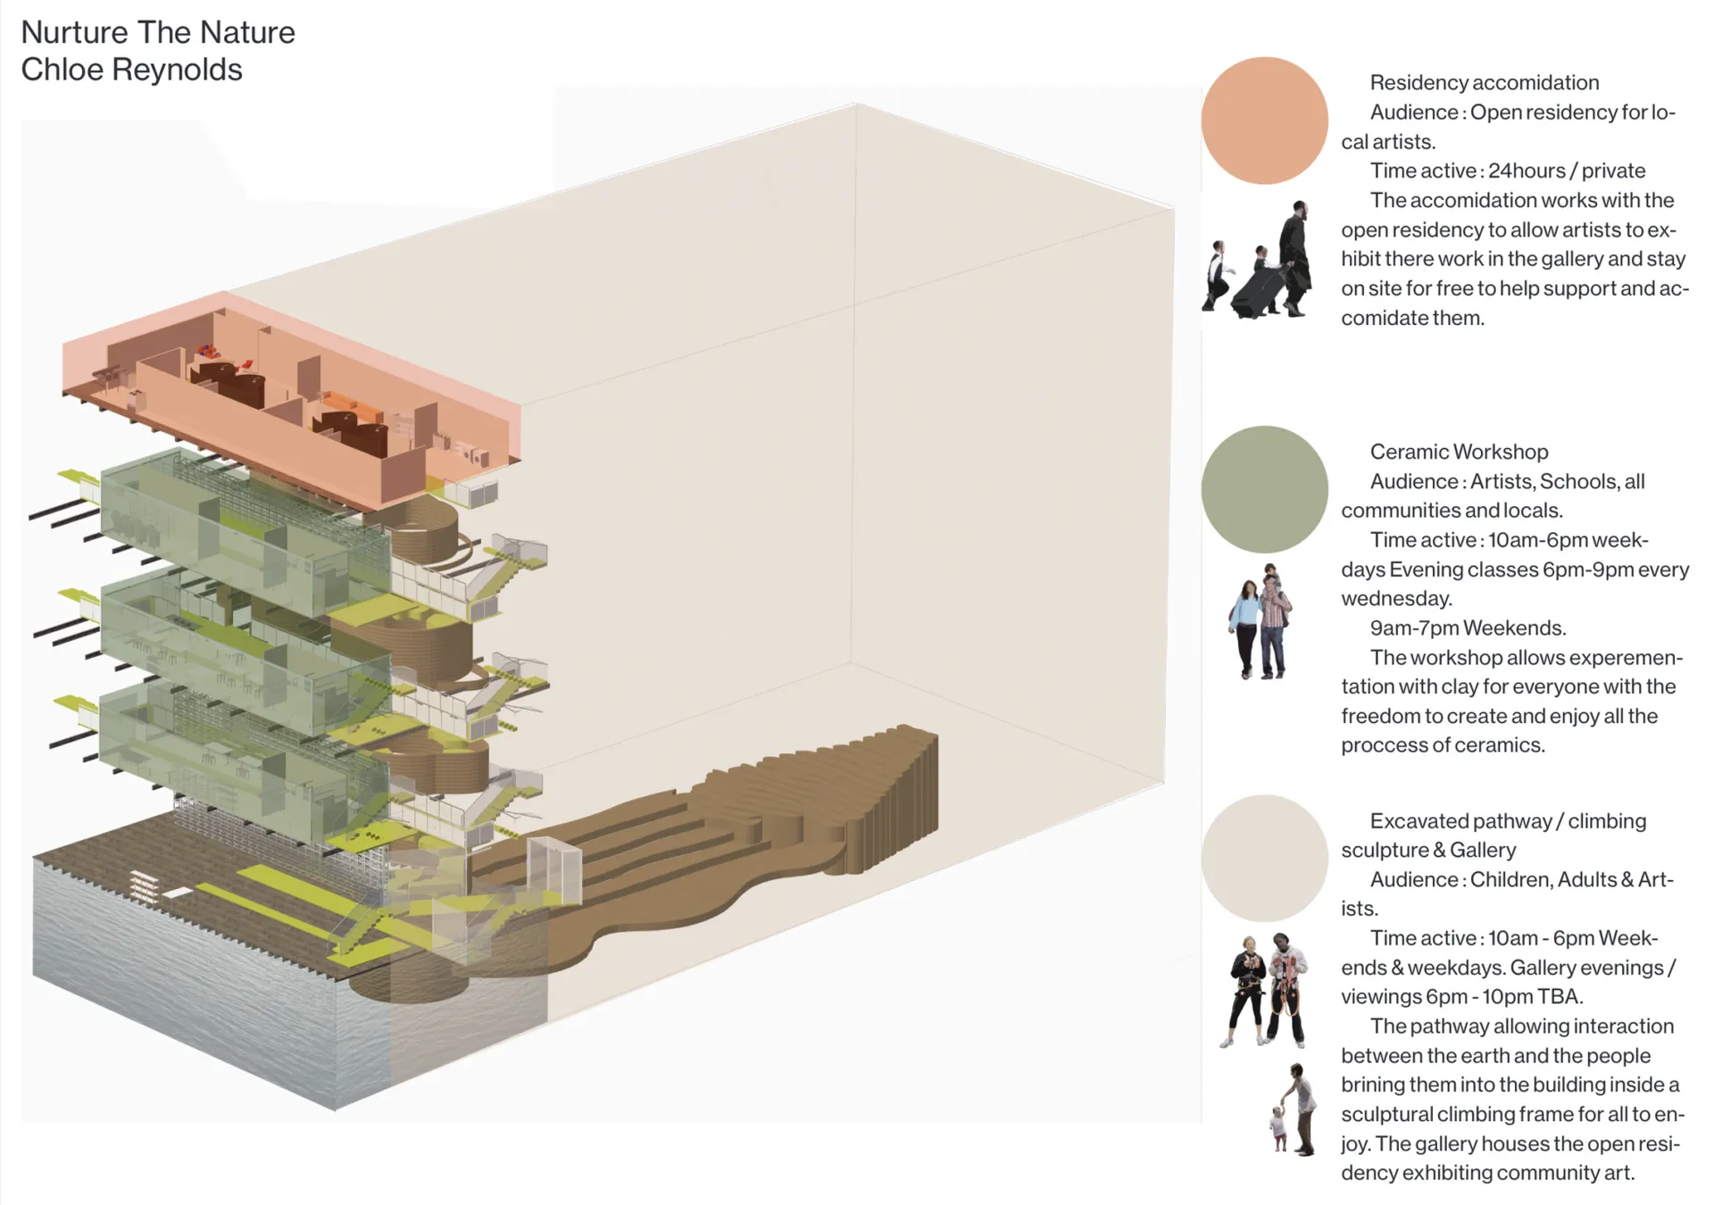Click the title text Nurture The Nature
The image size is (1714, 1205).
click(x=158, y=32)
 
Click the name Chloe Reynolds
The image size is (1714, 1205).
click(x=131, y=70)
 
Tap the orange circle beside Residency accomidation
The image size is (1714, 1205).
click(x=1264, y=120)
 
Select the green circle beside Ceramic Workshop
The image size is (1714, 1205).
click(x=1264, y=489)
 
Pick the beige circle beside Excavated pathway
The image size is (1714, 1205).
click(x=1264, y=858)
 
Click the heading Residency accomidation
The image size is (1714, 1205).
click(x=1484, y=83)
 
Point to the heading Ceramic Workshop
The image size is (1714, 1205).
click(x=1459, y=452)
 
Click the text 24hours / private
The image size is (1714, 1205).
click(x=1567, y=170)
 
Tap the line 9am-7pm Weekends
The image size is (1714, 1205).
click(x=1468, y=627)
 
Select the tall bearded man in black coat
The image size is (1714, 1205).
click(x=1296, y=254)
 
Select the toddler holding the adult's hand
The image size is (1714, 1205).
click(x=1279, y=1129)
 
